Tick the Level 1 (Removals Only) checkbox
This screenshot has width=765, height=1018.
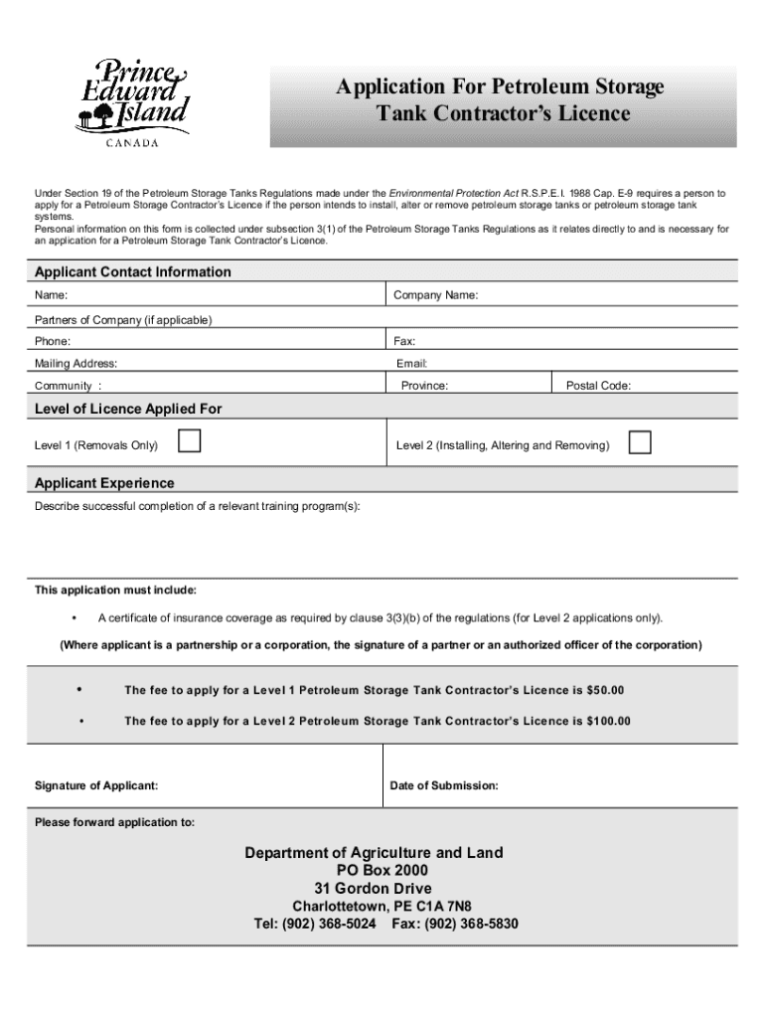click(188, 442)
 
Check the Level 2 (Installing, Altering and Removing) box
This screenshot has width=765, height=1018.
click(640, 442)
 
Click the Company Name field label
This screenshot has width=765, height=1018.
click(435, 296)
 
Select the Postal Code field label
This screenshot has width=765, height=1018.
click(598, 386)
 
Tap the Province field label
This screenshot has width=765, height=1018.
click(424, 386)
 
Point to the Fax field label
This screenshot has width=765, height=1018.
click(404, 341)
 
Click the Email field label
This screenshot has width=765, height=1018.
click(411, 364)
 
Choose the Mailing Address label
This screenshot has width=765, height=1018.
click(76, 364)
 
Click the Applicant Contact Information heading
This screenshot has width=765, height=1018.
click(133, 272)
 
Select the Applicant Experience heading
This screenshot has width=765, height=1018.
click(104, 483)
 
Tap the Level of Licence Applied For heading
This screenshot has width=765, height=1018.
click(128, 409)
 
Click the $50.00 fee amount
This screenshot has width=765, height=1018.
click(606, 690)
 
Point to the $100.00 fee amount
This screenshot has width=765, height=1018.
click(609, 721)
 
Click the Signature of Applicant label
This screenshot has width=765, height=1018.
click(96, 786)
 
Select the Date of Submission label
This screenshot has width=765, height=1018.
click(444, 786)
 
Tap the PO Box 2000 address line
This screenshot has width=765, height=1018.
click(382, 871)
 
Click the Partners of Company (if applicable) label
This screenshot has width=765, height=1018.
click(123, 320)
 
